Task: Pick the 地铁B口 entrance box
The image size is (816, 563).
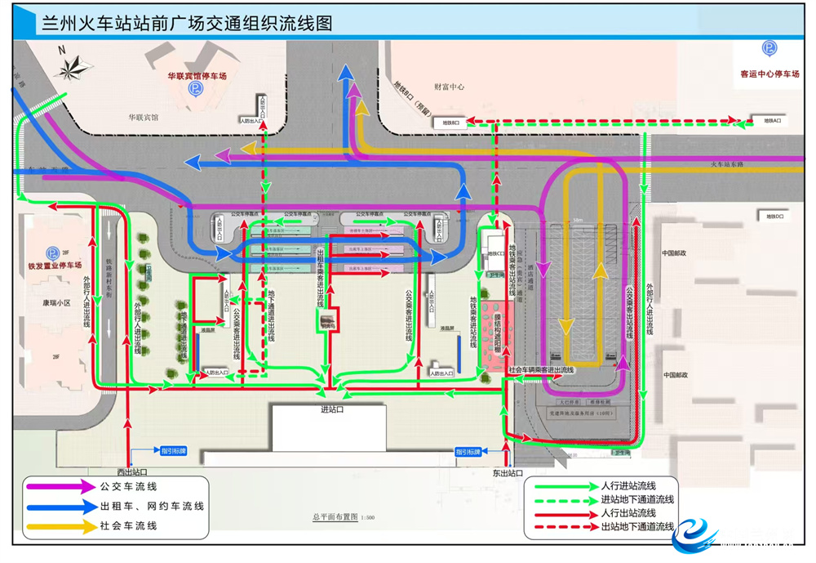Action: click(x=451, y=122)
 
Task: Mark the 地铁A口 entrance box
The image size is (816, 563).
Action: click(x=767, y=121)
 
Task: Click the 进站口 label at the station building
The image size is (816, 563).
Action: click(x=331, y=409)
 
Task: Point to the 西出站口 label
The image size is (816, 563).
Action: click(x=131, y=472)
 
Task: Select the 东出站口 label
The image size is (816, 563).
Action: click(x=507, y=473)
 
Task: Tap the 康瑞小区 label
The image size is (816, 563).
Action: click(x=59, y=303)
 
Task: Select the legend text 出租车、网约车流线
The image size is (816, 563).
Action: click(x=151, y=507)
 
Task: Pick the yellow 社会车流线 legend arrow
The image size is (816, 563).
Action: click(x=59, y=526)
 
